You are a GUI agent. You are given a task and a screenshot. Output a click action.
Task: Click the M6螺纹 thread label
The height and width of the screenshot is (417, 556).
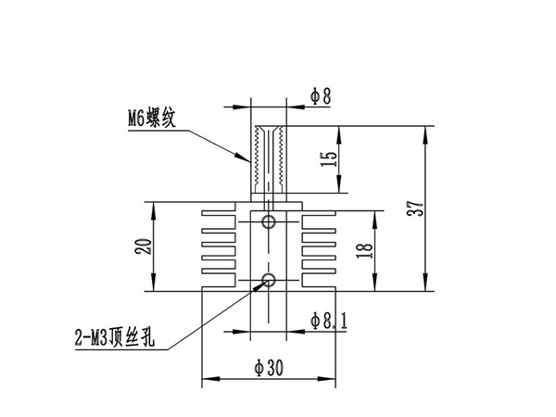pos(151,117)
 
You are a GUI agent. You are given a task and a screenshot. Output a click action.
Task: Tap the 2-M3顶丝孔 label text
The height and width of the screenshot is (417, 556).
pos(115,337)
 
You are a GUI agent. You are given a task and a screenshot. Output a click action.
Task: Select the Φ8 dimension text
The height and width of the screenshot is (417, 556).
pos(321,95)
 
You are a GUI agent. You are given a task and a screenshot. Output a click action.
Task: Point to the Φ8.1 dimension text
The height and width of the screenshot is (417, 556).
pos(329,321)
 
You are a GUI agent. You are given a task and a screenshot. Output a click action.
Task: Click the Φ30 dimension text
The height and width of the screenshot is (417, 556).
pos(269,367)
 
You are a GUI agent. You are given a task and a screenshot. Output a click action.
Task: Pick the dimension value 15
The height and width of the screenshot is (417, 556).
pos(328,159)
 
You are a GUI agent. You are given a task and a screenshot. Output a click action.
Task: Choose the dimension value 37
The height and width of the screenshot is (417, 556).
pos(415,208)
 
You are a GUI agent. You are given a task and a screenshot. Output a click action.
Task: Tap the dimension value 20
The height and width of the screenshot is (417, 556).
pos(144,246)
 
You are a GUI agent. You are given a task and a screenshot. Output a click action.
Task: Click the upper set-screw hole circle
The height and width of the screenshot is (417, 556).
pos(269,222)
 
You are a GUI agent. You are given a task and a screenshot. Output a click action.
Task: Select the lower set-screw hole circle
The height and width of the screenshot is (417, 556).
pos(269,280)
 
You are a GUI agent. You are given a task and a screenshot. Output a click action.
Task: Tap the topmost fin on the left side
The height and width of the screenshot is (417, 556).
pos(219,213)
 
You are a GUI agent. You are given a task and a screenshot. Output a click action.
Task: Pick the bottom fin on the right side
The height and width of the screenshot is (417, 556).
pos(319,272)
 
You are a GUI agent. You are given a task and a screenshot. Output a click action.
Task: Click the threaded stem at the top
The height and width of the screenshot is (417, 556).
pos(269,159)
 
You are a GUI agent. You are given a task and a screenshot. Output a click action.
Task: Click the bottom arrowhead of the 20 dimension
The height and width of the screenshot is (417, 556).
pos(153,283)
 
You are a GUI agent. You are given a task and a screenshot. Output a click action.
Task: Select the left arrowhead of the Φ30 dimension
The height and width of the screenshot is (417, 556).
pos(210,379)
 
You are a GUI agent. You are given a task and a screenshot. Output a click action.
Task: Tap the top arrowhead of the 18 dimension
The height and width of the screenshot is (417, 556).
pos(374,220)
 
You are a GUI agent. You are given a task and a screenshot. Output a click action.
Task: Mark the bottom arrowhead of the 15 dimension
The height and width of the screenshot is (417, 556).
pos(339,184)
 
